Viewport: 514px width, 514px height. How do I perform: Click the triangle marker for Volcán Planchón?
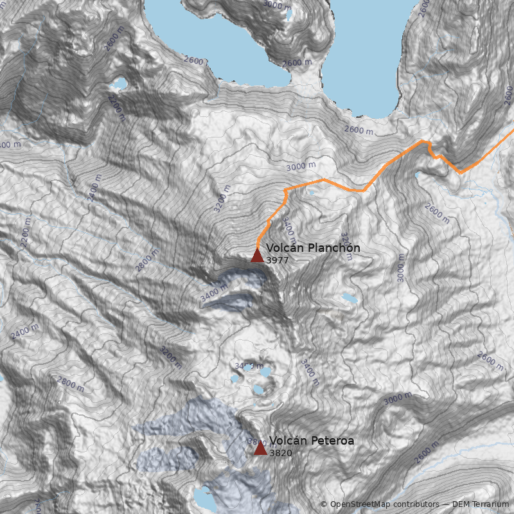pos(257,256)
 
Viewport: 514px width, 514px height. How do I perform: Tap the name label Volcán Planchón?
pos(313,248)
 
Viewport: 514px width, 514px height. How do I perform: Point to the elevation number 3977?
pos(278,260)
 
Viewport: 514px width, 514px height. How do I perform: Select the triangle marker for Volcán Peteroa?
pos(260,448)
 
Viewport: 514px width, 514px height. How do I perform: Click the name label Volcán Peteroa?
pos(312,441)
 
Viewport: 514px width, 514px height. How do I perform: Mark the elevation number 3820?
pos(281,453)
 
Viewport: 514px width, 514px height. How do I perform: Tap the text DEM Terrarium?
pos(480,504)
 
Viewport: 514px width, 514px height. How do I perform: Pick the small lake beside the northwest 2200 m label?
pos(119,84)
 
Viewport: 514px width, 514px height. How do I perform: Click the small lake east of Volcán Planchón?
pos(350,298)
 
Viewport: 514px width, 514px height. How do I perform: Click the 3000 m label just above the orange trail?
pos(301,166)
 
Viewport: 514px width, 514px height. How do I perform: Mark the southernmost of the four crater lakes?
pos(259,389)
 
